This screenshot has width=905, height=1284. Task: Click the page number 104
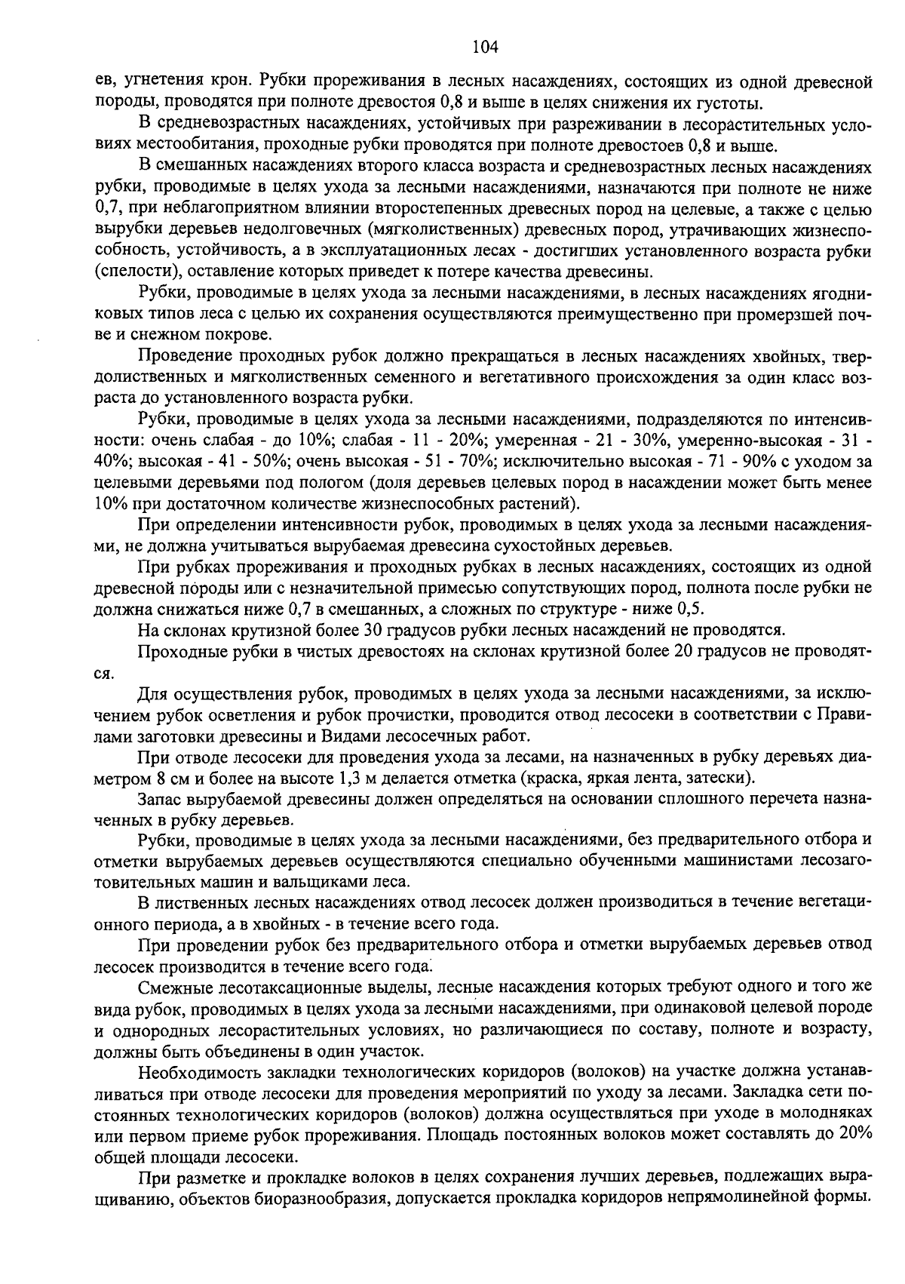(x=485, y=48)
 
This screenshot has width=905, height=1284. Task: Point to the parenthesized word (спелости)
(x=129, y=272)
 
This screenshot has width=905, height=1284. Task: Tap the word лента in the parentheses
(x=655, y=777)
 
